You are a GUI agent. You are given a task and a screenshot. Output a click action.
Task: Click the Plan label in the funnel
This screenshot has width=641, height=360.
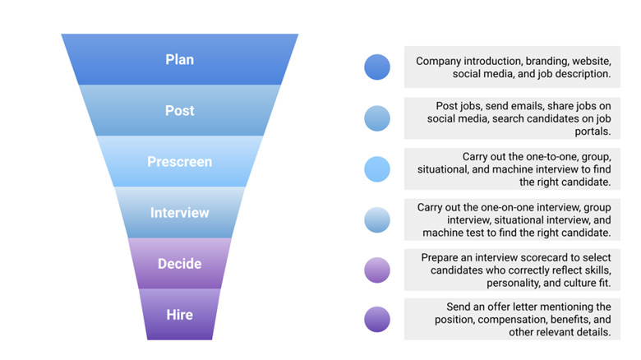pos(179,59)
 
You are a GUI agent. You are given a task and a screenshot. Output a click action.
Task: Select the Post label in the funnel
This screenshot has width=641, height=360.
pos(179,110)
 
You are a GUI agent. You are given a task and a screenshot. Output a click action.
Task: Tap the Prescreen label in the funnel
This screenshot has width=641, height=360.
pos(179,162)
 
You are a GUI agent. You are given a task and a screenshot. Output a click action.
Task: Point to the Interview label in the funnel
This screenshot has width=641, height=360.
pos(179,213)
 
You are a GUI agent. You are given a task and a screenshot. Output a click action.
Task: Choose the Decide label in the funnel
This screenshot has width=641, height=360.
pos(179,264)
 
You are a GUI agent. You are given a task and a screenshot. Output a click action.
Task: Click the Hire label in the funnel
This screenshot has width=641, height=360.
pos(179,315)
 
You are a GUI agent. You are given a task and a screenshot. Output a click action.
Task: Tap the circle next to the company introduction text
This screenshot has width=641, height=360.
pos(377,67)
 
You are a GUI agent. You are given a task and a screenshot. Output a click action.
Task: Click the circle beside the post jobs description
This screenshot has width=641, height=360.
pos(377,118)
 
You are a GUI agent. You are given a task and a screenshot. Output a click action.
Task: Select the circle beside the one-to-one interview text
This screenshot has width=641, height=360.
pos(377,169)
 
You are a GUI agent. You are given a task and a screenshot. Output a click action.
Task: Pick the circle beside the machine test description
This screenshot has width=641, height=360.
pos(377,220)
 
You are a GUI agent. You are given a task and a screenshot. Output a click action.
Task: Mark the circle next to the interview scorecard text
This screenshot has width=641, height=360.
pos(377,271)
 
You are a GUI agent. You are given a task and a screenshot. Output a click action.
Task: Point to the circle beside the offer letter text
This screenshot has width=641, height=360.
pos(377,320)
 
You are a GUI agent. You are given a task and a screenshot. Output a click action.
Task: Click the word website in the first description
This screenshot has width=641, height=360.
pos(592,61)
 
